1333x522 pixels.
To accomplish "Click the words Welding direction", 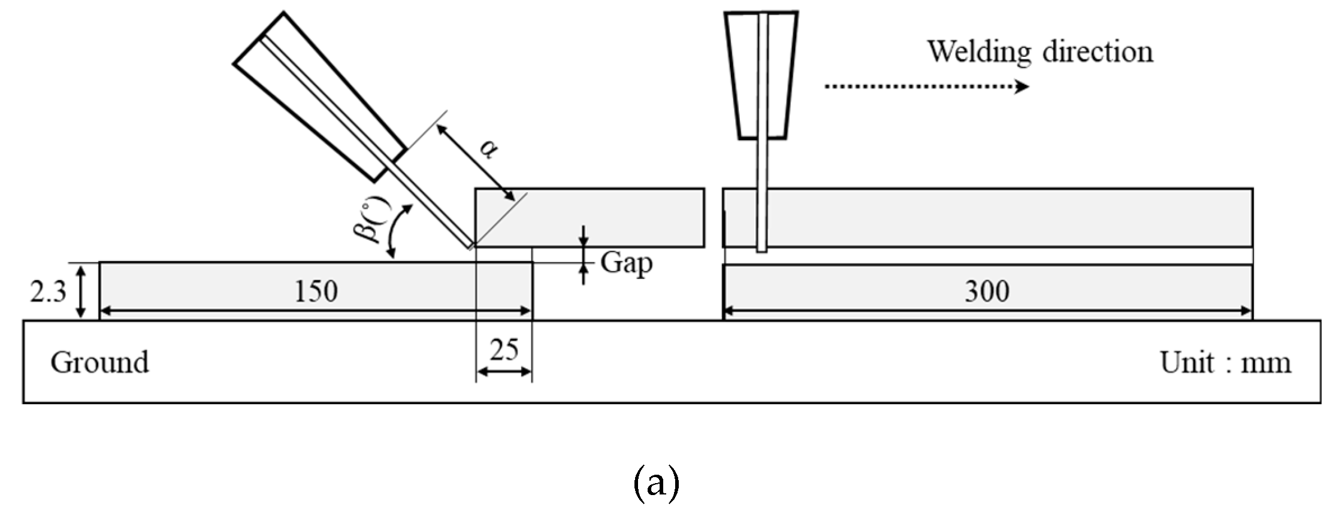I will (1039, 51).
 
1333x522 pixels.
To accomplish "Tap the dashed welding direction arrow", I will (926, 87).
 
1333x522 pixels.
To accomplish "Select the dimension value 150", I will (316, 292).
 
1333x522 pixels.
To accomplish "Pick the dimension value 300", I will (987, 292).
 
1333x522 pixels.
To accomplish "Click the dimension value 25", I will (504, 350).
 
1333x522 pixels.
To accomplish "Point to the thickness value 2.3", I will (48, 292).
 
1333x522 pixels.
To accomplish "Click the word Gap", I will (626, 263).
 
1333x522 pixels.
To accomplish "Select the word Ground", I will (99, 362).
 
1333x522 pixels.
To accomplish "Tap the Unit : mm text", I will (1225, 363).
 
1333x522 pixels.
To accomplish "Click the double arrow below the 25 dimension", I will (504, 372).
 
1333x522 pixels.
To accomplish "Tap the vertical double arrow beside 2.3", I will (82, 292).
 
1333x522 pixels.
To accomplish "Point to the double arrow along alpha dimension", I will (475, 162).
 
